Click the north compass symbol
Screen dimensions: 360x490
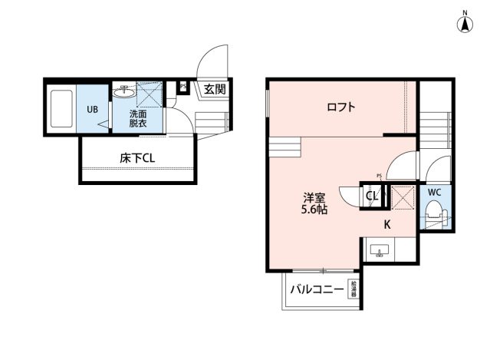pyautogui.click(x=465, y=23)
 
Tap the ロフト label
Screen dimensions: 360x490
pyautogui.click(x=340, y=107)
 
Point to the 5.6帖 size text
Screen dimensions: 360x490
pyautogui.click(x=314, y=208)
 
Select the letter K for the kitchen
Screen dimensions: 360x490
pyautogui.click(x=387, y=225)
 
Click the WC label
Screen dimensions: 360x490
pyautogui.click(x=434, y=192)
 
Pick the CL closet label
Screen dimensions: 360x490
pyautogui.click(x=371, y=197)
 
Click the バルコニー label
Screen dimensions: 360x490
pyautogui.click(x=316, y=290)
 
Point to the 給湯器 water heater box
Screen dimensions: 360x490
pyautogui.click(x=354, y=290)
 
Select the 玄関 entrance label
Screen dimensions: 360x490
pyautogui.click(x=215, y=89)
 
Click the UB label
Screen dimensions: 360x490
pyautogui.click(x=92, y=109)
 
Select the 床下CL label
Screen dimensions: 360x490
pyautogui.click(x=137, y=158)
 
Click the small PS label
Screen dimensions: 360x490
pyautogui.click(x=379, y=176)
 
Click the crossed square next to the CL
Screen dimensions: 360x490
pyautogui.click(x=401, y=197)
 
